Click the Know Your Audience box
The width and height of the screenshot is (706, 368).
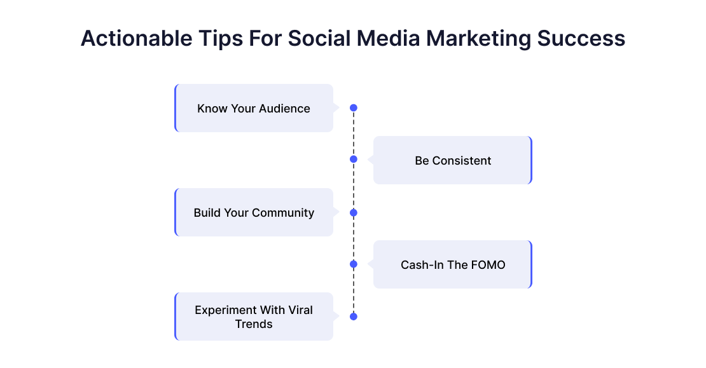[254, 108]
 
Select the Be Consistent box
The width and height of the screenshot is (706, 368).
[452, 160]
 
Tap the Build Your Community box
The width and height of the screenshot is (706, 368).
[254, 212]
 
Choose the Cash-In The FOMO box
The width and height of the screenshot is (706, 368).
[452, 264]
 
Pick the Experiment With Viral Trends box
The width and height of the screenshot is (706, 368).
[254, 317]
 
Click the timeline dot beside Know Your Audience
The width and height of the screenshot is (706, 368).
[354, 108]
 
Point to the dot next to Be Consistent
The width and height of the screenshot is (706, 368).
[354, 160]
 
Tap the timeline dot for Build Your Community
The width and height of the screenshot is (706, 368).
[354, 213]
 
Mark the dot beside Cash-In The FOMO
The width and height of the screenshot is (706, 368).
[354, 264]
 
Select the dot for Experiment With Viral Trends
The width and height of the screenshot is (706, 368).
[354, 317]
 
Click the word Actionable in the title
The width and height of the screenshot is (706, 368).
[136, 38]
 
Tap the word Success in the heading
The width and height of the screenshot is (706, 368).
[581, 39]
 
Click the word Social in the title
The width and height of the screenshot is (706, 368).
[319, 38]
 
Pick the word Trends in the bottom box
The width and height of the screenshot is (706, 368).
[254, 324]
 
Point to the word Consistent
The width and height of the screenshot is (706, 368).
[462, 161]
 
